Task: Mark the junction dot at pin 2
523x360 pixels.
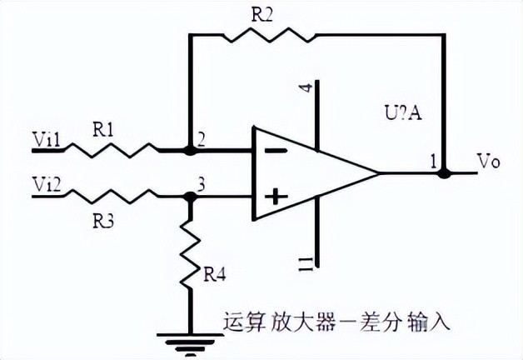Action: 190,152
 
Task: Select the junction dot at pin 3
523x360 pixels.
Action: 190,197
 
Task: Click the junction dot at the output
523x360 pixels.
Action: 445,174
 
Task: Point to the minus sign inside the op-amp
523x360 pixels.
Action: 277,151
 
